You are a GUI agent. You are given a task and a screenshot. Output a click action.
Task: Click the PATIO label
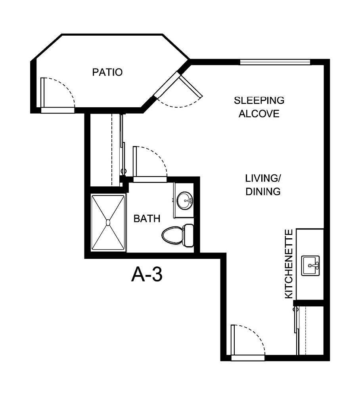tap(107, 72)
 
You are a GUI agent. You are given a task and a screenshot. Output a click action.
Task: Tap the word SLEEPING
tap(259, 100)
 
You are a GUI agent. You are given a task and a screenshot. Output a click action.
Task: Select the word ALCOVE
tap(259, 114)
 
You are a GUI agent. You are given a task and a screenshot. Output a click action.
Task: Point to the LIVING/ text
tap(263, 178)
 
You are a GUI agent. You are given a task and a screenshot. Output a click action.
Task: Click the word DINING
tap(263, 192)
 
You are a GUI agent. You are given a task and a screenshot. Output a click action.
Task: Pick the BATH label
tap(147, 218)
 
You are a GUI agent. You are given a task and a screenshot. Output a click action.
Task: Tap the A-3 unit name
tap(147, 275)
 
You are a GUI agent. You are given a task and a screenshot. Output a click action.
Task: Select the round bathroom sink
tap(184, 200)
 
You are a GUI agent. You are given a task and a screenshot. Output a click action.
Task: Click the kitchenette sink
tap(310, 265)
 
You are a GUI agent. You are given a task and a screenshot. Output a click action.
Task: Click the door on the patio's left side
tap(57, 93)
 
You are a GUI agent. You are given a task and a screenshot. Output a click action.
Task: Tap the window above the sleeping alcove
tap(275, 62)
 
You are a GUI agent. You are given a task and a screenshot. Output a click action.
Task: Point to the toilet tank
tap(188, 235)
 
